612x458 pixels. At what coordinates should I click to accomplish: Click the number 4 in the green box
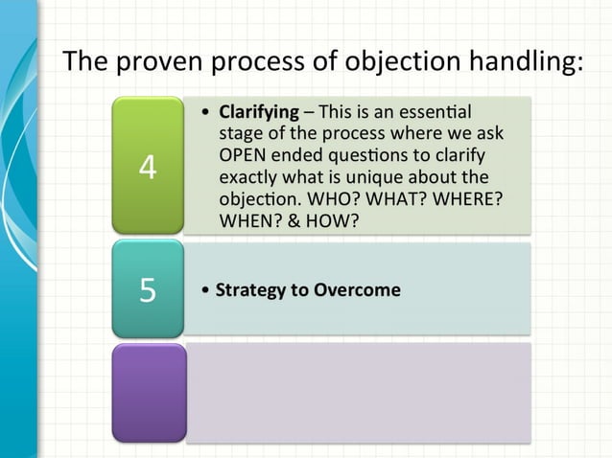pos(147,166)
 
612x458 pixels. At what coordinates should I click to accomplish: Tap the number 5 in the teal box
pos(147,289)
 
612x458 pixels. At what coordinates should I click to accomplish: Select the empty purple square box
pos(147,393)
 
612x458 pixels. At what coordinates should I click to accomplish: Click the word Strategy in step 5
pos(247,289)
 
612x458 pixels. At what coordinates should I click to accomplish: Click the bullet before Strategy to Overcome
pos(205,289)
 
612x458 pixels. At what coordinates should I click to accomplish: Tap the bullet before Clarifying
pos(206,112)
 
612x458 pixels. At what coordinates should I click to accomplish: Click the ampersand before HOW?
pos(297,221)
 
